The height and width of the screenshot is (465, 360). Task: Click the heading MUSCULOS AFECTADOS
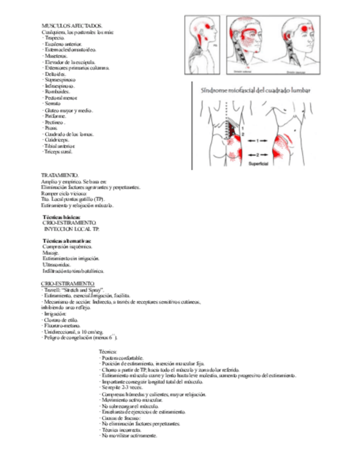coord(72,26)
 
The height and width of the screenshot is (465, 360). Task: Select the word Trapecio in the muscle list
coord(54,38)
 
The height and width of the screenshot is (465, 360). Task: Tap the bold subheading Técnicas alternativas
coord(67,241)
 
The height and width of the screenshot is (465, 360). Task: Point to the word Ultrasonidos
coord(59,265)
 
